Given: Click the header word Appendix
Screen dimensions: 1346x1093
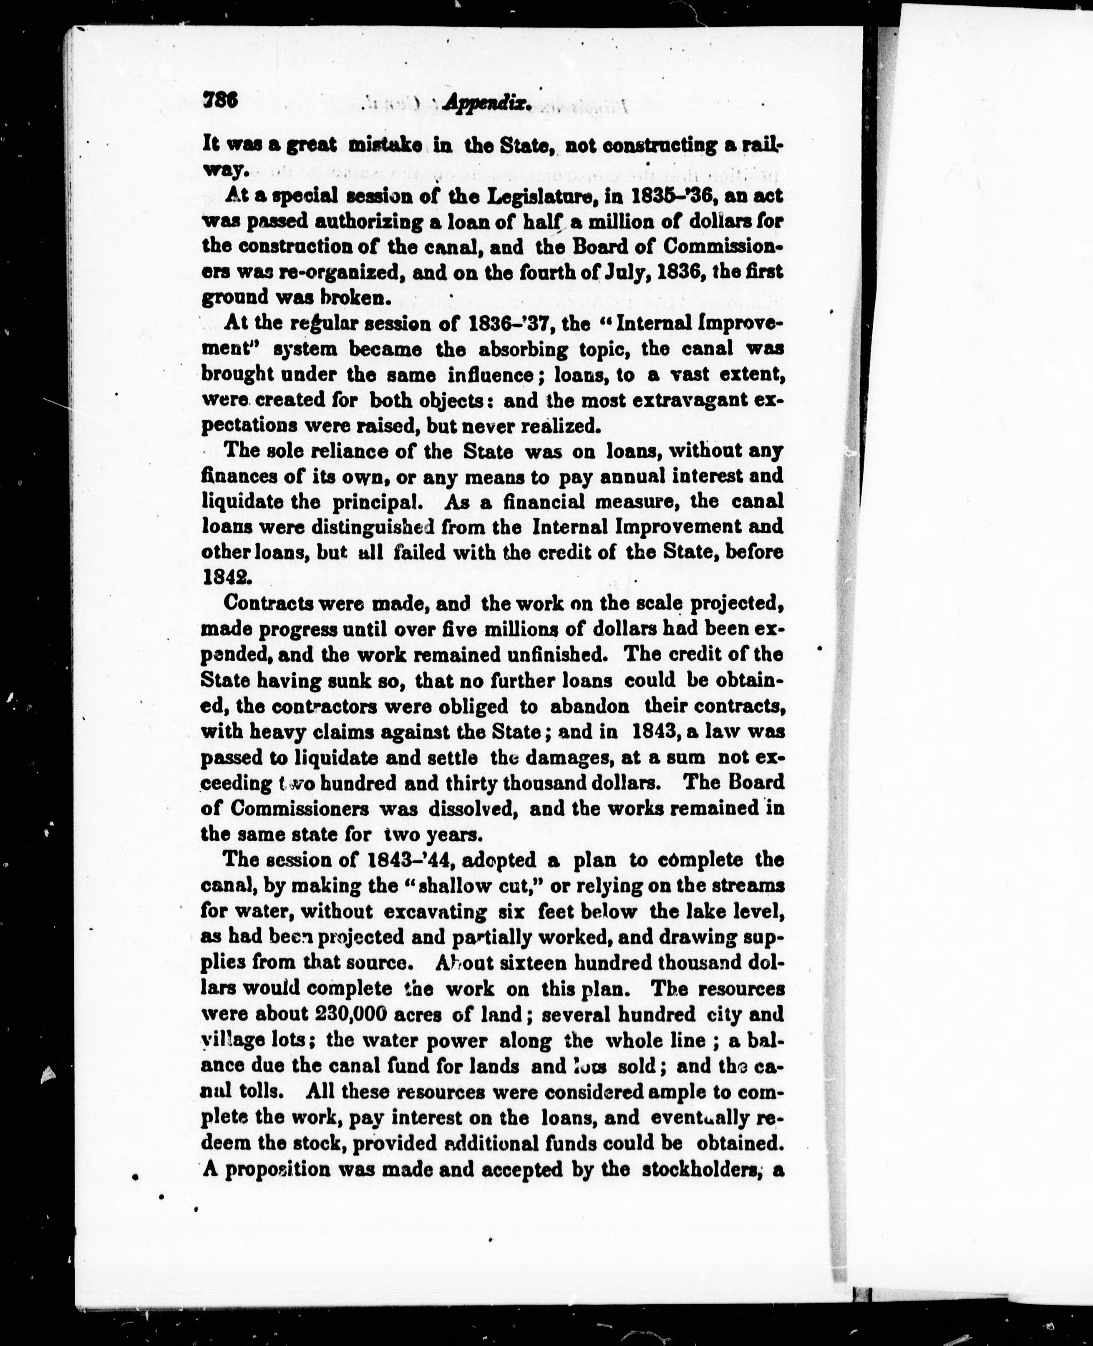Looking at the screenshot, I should [x=487, y=105].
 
